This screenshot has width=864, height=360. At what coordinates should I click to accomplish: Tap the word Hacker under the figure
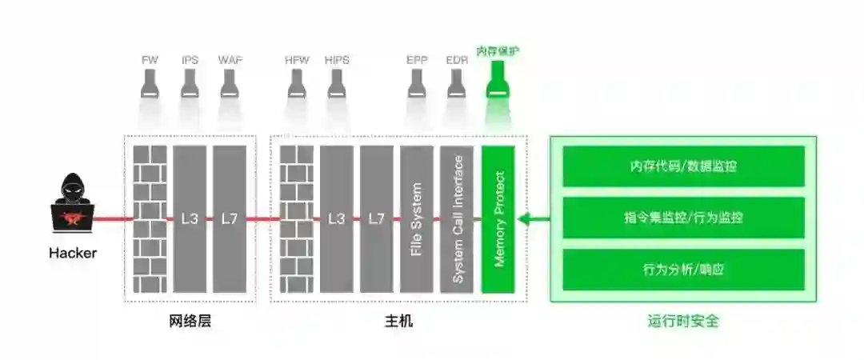(x=73, y=254)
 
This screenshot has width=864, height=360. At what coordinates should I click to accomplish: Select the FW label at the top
(x=150, y=60)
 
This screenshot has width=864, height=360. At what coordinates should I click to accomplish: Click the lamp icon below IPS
(x=190, y=84)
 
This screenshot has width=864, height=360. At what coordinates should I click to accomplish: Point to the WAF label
(x=230, y=60)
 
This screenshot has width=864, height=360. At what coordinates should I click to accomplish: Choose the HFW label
(x=297, y=60)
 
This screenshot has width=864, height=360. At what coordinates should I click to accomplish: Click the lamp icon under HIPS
(x=337, y=84)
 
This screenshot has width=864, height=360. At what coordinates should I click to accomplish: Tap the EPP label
(x=417, y=60)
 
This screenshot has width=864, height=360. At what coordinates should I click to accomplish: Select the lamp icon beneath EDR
(x=457, y=84)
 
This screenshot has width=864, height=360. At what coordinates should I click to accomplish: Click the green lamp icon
(x=498, y=82)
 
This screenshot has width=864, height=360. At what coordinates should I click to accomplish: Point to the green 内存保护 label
(x=498, y=52)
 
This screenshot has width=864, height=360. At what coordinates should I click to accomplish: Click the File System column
(x=417, y=219)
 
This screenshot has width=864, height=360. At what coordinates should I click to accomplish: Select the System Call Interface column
(x=458, y=219)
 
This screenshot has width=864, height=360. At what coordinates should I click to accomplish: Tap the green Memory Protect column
(x=498, y=219)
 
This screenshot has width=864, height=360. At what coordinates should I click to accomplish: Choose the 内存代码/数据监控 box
(x=683, y=166)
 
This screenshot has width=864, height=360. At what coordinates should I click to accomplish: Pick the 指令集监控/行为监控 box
(x=683, y=218)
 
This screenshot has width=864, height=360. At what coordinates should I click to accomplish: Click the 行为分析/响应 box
(x=683, y=270)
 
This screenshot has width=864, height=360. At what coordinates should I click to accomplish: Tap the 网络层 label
(x=190, y=322)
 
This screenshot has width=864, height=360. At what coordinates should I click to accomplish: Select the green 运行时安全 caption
(x=683, y=322)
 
